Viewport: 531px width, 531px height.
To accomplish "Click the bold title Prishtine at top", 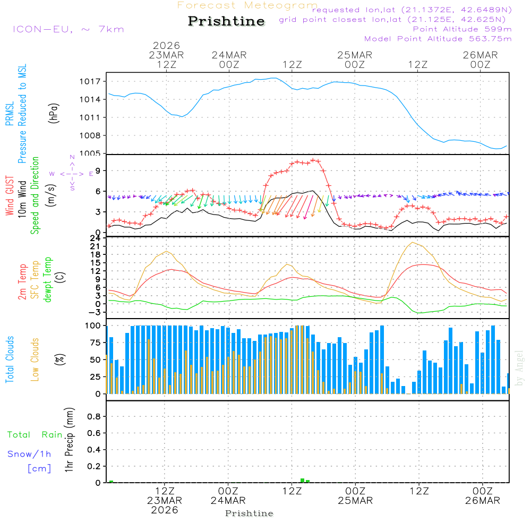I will click(226, 21).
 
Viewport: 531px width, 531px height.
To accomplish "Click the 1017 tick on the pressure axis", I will click(91, 81).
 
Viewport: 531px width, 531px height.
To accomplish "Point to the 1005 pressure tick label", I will click(91, 153).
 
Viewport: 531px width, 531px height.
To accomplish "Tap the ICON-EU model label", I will click(68, 29).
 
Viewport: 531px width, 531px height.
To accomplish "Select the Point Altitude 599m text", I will click(462, 29).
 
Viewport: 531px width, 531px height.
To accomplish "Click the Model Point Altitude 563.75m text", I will click(438, 39).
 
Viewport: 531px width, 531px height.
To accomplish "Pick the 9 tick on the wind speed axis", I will click(98, 170).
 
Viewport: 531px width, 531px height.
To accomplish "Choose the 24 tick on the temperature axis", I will click(96, 238).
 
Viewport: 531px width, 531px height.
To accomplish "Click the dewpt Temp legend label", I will click(48, 280).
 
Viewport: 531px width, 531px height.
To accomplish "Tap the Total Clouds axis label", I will click(10, 359).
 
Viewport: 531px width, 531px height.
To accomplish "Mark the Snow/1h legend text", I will click(30, 454).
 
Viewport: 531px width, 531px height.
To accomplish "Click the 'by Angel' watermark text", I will click(520, 368).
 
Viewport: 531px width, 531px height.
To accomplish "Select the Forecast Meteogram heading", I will click(247, 5).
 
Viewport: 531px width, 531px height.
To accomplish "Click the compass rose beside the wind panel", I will click(72, 174).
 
